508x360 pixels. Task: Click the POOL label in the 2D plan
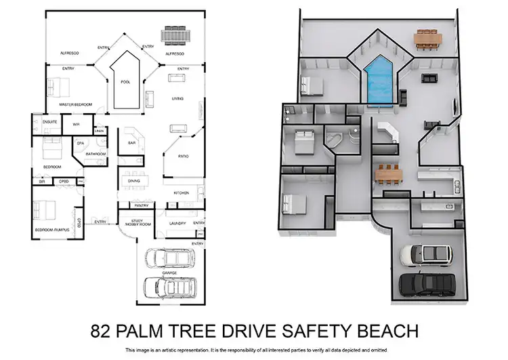[x=125, y=82]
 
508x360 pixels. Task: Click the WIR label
[x=77, y=125]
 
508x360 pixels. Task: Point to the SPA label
[x=80, y=143]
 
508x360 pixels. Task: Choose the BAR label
[x=132, y=143]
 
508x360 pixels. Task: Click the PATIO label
[x=184, y=157]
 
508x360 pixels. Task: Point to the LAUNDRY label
[x=177, y=222]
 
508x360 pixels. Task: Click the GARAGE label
[x=169, y=273]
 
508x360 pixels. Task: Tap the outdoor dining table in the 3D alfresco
[x=427, y=38]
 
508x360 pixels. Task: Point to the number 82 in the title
[x=102, y=331]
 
